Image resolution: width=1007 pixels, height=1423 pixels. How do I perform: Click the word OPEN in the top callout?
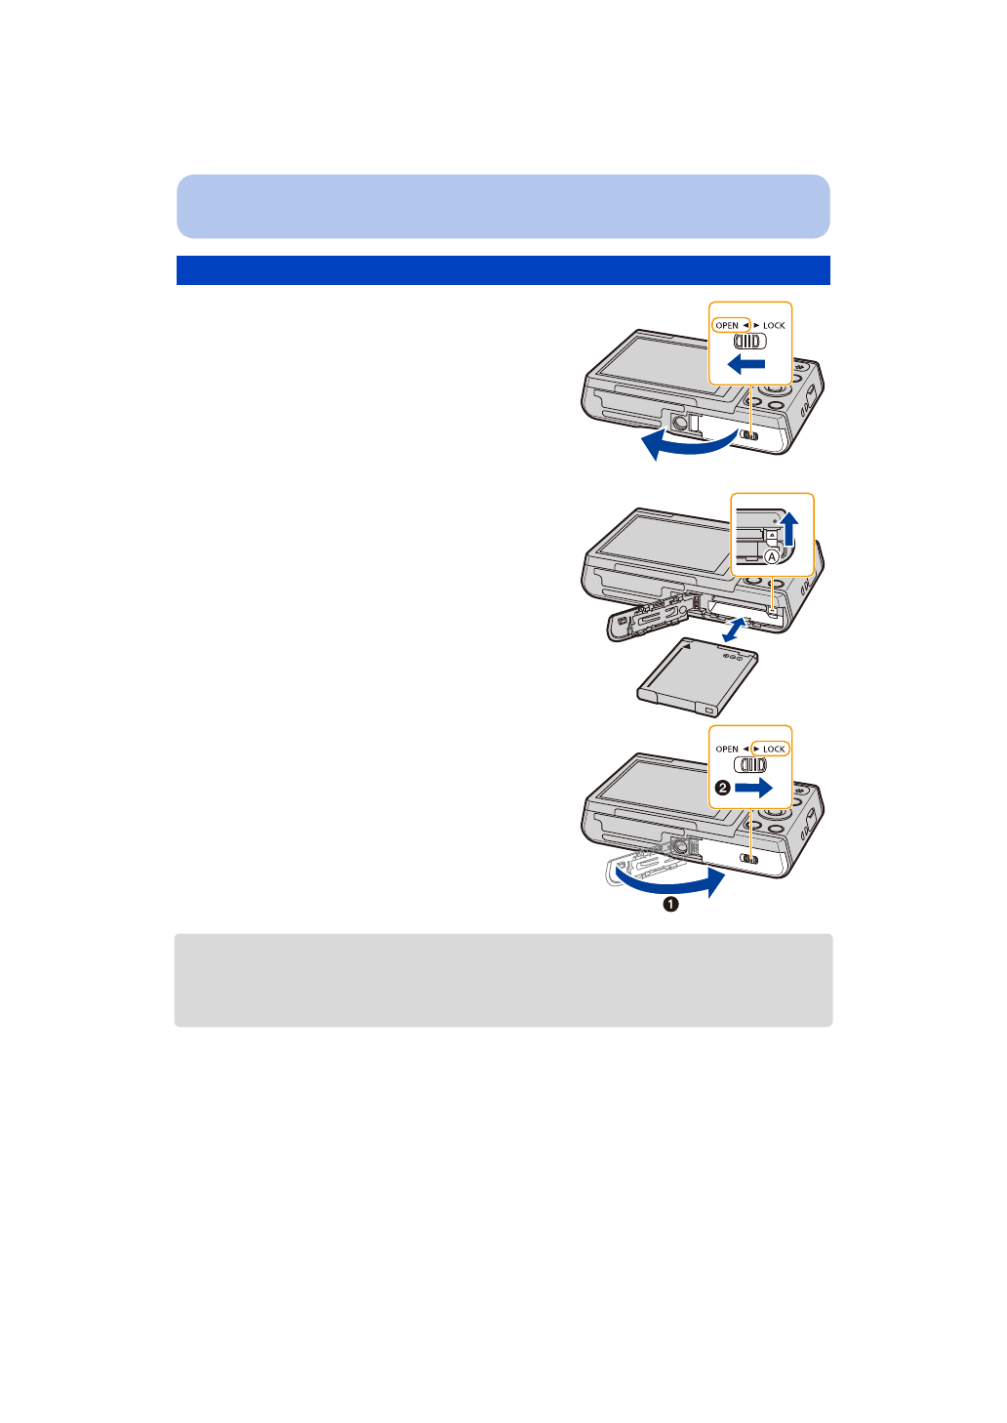point(727,325)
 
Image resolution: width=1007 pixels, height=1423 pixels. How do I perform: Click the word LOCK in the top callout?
point(774,325)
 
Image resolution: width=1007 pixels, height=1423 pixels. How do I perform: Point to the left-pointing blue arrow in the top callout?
point(746,365)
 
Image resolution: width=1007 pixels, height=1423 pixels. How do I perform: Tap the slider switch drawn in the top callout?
point(750,342)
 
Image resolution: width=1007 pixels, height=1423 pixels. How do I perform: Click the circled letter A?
point(772,556)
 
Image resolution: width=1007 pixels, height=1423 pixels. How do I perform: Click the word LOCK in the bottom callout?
point(774,749)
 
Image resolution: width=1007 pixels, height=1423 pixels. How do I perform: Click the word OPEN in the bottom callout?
point(727,749)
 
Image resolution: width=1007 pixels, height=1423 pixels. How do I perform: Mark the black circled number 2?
point(722,788)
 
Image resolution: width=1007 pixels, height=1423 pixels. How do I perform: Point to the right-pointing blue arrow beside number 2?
point(753,788)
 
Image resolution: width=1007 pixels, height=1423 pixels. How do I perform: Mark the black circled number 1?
point(670,905)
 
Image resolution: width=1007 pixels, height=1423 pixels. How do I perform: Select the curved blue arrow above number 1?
point(673,884)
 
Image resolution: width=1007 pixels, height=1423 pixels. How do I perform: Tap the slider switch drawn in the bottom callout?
point(750,765)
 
